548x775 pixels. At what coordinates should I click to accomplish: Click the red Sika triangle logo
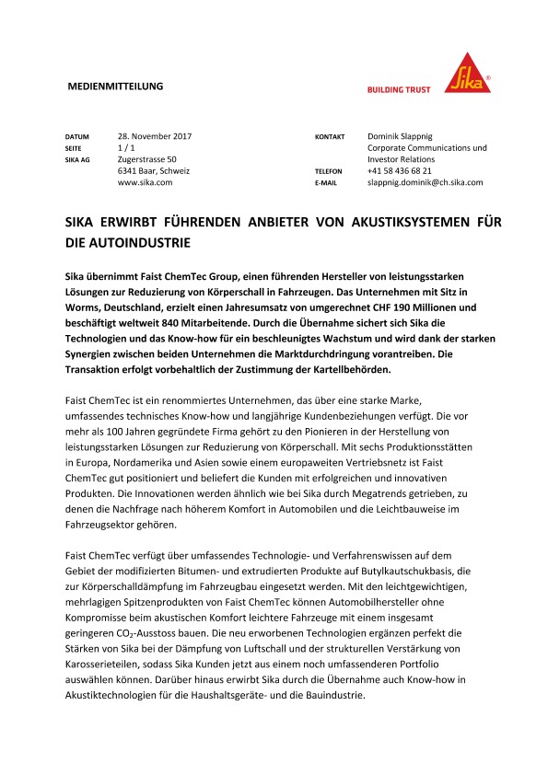click(x=472, y=72)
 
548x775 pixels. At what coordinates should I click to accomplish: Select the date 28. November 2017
click(x=155, y=136)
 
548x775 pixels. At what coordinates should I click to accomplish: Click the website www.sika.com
click(x=145, y=182)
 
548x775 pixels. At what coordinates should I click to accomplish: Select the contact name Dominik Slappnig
click(x=405, y=136)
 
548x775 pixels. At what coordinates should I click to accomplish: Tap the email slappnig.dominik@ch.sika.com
click(x=425, y=182)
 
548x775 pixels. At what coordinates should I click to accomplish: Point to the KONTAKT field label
click(x=330, y=137)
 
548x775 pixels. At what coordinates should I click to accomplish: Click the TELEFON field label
click(x=329, y=172)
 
